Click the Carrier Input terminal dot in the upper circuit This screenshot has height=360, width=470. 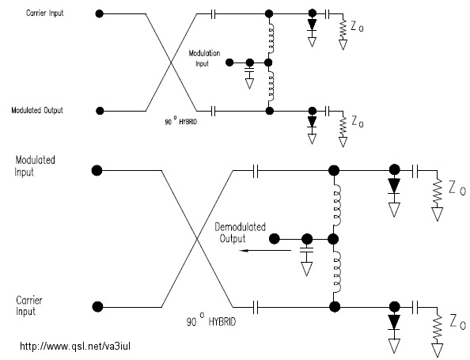click(x=99, y=13)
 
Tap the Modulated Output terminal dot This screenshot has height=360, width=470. click(x=100, y=111)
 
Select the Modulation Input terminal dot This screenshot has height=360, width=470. click(x=229, y=63)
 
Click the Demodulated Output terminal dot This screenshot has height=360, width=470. click(x=275, y=239)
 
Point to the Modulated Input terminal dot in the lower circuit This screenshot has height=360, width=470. click(x=97, y=171)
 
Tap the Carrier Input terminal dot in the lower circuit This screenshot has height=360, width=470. click(x=97, y=307)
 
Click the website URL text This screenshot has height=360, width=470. click(x=75, y=347)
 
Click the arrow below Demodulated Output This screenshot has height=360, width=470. click(x=265, y=250)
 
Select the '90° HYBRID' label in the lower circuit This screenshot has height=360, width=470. click(x=211, y=320)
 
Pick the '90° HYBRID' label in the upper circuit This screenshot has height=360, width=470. click(x=180, y=121)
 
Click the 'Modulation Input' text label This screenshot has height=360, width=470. click(x=204, y=58)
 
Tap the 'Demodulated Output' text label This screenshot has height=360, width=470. click(x=240, y=233)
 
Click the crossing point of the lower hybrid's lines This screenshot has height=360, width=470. click(x=197, y=239)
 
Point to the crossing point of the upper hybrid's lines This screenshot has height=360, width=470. click(x=171, y=63)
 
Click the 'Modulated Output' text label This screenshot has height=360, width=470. click(x=37, y=110)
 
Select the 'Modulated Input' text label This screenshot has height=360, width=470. click(x=35, y=166)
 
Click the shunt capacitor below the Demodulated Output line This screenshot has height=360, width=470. click(x=307, y=250)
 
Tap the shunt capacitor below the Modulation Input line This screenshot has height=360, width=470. click(x=249, y=70)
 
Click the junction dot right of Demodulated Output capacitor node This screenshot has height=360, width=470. click(x=333, y=239)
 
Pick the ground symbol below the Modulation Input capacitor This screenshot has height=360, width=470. click(x=249, y=84)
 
